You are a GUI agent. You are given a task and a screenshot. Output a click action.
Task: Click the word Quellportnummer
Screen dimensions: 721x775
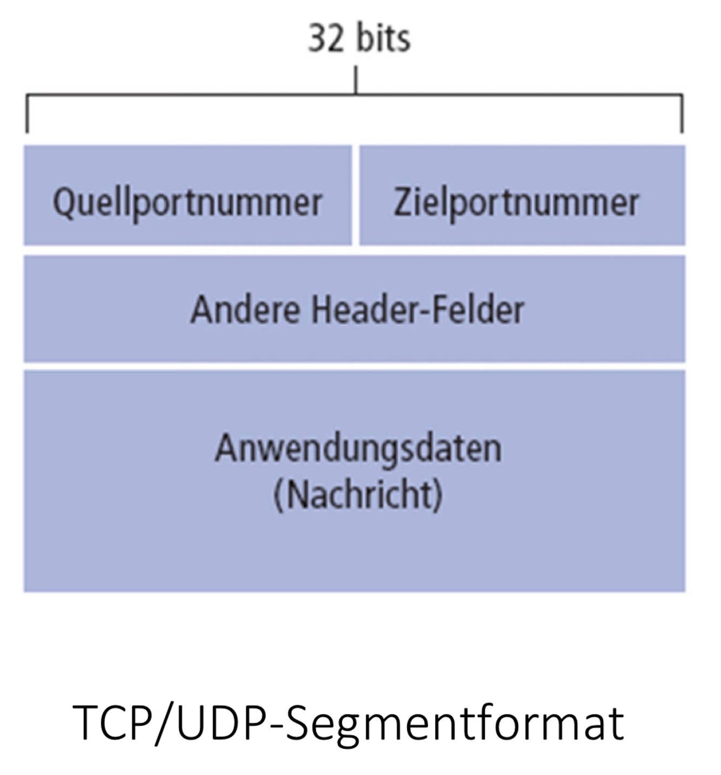click(188, 203)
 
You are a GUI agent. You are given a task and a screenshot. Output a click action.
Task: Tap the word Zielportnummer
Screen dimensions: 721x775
click(516, 203)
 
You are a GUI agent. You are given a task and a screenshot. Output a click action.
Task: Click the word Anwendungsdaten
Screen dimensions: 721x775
click(358, 449)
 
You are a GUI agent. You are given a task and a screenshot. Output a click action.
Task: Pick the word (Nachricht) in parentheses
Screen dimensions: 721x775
click(358, 495)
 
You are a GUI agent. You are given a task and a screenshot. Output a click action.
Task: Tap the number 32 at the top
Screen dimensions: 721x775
click(326, 38)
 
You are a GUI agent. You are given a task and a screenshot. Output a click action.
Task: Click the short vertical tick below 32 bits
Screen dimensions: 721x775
click(355, 80)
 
